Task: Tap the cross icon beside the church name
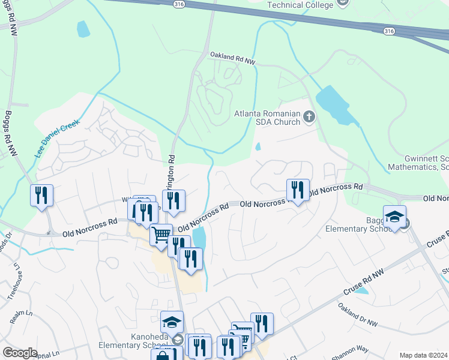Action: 310,116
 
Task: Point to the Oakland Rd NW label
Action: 232,58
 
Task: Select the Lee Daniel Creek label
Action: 57,137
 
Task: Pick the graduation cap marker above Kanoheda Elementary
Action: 172,323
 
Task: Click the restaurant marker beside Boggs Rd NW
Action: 41,196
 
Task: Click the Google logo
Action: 20,353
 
